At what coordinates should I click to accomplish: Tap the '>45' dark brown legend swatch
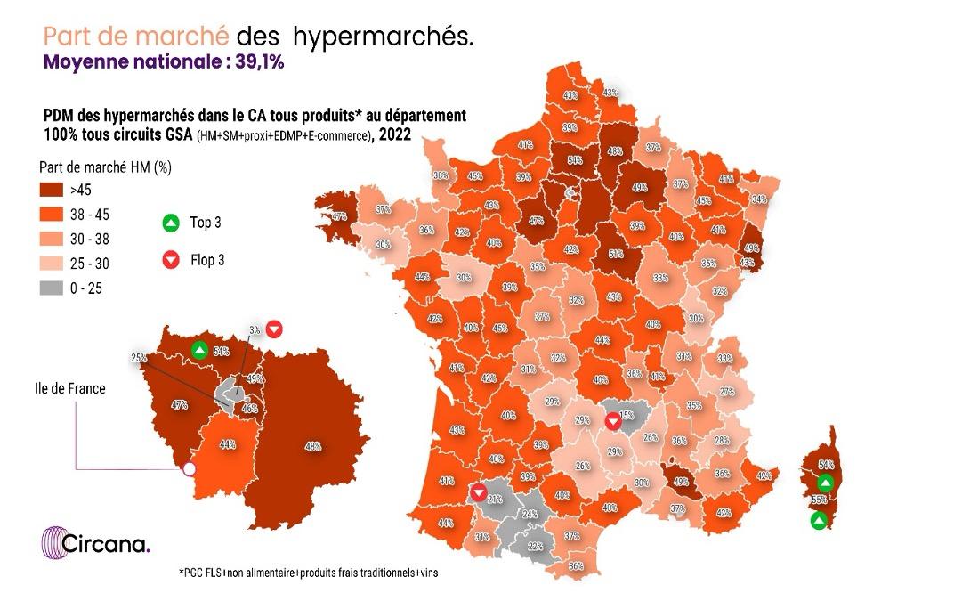point(53,189)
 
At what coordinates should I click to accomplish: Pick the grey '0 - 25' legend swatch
point(53,287)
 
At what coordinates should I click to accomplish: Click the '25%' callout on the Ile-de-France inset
point(139,358)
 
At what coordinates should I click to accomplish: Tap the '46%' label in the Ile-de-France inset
point(249,409)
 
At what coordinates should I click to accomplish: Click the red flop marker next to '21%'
point(479,492)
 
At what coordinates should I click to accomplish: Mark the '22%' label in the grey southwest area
point(536,545)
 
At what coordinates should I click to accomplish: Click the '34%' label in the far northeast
point(758,199)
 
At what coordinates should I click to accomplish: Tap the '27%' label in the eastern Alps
point(726,392)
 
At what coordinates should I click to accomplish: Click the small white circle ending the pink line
point(189,469)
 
